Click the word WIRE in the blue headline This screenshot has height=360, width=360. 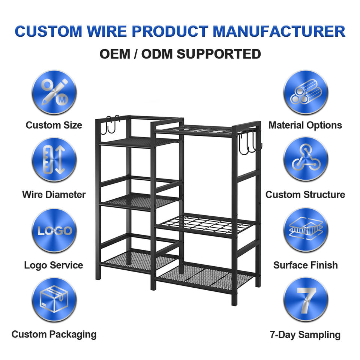(x=107, y=31)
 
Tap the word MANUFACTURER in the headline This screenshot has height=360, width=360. (x=279, y=31)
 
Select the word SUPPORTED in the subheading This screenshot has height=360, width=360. (x=219, y=54)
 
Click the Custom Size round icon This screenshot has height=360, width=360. (x=54, y=92)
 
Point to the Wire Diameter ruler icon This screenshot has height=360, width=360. (x=54, y=160)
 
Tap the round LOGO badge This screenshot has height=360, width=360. (x=54, y=231)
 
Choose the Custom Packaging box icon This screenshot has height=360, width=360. (x=54, y=300)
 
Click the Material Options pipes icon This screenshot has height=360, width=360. (x=306, y=92)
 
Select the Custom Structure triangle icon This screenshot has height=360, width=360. (x=306, y=159)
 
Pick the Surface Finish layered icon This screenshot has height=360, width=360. (x=306, y=230)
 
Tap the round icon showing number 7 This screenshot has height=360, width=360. (x=306, y=300)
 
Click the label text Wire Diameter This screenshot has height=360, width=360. (x=54, y=195)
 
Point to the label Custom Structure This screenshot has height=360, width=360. (x=305, y=195)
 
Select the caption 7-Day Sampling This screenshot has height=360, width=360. (x=305, y=335)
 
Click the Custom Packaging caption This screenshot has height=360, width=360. (x=54, y=334)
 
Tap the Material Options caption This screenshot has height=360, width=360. (x=305, y=125)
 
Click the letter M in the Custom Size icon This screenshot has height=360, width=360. (x=62, y=100)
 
